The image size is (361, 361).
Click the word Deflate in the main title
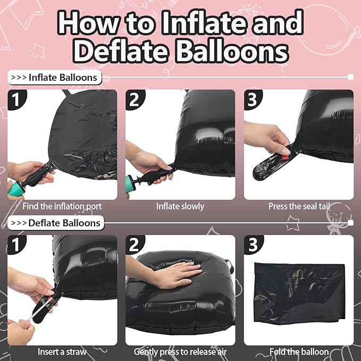120,51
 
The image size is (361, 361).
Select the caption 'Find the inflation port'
62,206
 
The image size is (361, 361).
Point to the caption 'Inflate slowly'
180,206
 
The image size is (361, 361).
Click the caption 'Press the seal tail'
299,206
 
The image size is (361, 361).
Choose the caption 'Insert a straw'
62,351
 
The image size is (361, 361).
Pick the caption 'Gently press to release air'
180,352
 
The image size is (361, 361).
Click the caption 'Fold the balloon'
299,351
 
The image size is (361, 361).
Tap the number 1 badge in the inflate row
16,99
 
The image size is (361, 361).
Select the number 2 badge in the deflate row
134,245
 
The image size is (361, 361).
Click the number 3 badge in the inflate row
253,99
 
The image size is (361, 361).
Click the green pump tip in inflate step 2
130,184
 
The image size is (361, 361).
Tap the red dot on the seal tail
285,157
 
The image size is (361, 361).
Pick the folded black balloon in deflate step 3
299,293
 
